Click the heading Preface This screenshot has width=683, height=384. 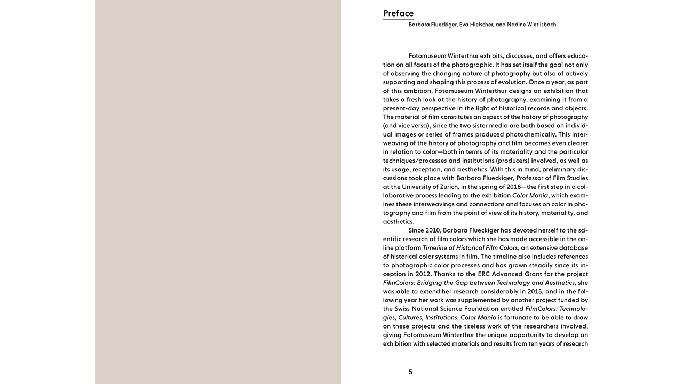398,13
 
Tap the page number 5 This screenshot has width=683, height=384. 410,372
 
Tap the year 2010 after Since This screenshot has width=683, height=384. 433,230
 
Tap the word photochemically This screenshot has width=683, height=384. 530,134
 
